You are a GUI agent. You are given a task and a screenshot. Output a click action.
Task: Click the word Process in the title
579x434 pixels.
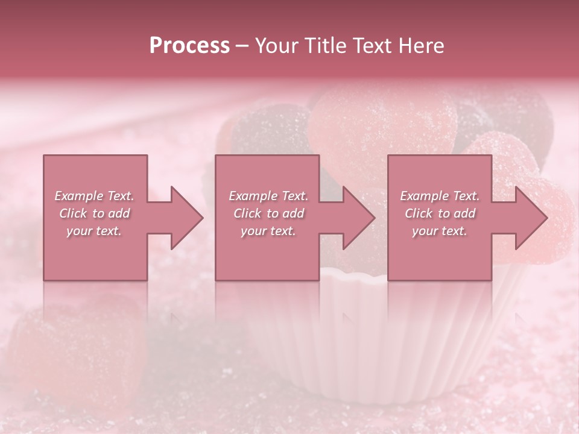point(189,46)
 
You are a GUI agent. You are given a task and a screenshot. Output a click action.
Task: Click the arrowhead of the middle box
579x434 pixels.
point(358,218)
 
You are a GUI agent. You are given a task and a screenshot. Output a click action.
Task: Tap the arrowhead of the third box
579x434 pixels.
point(531,218)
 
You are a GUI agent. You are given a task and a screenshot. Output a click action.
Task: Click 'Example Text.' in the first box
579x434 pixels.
point(95,196)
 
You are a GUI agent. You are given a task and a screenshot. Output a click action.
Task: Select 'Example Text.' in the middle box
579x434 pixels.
point(268,196)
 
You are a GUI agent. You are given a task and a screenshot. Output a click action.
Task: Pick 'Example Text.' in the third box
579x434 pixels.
point(440,196)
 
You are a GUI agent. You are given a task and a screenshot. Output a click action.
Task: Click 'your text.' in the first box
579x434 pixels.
point(94,231)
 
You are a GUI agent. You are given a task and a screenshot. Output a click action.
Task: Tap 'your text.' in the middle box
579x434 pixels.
point(268,231)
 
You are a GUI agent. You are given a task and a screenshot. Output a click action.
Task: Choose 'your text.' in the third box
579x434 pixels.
point(440,231)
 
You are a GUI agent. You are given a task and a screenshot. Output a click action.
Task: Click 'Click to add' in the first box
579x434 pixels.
point(95,213)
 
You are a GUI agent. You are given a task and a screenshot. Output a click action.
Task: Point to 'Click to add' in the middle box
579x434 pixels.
point(268,213)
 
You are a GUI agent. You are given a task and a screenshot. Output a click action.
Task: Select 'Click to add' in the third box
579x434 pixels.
point(440,213)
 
